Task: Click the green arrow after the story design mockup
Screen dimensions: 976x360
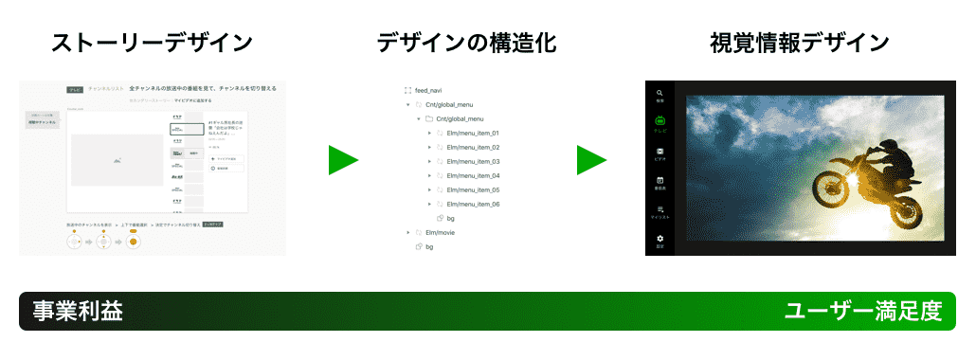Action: [x=342, y=160]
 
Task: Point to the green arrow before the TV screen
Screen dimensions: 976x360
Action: [x=591, y=160]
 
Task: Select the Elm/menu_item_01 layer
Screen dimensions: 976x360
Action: [x=472, y=133]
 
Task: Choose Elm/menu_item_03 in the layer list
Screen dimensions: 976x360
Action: [x=472, y=161]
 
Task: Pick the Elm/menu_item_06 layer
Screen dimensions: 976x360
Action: [x=472, y=204]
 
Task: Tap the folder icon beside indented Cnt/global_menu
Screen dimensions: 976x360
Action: [x=428, y=118]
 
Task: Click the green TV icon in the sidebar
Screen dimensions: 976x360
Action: [x=660, y=121]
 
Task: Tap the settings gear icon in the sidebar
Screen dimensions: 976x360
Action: [x=660, y=239]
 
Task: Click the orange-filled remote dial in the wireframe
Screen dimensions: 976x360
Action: [x=134, y=243]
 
